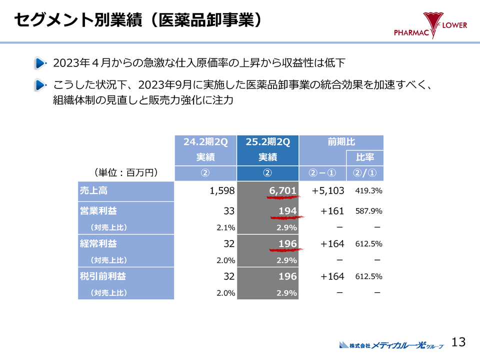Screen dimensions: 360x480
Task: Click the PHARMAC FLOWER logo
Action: click(430, 27)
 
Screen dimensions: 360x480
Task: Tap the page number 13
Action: click(458, 342)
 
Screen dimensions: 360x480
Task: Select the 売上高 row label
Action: click(93, 191)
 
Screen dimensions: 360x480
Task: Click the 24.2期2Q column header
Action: click(205, 142)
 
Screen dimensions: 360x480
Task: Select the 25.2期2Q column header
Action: click(268, 142)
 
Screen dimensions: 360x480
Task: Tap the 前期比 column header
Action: click(341, 142)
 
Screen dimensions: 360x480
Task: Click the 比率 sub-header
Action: click(365, 158)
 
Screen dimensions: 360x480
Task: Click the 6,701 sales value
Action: click(282, 190)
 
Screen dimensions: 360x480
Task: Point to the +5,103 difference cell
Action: click(327, 191)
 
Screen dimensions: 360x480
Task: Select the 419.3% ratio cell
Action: click(368, 191)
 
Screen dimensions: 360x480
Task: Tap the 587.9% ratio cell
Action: click(368, 211)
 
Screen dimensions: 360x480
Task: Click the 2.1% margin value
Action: click(226, 227)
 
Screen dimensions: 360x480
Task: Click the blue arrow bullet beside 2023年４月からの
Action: click(40, 63)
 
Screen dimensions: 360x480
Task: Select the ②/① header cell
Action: click(365, 173)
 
